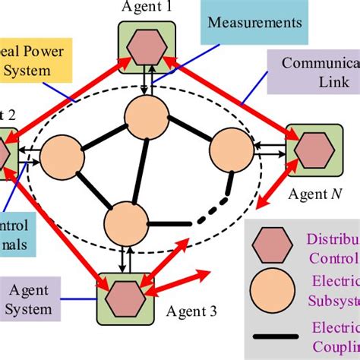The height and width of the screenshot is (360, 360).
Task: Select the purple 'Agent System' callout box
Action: tap(31, 301)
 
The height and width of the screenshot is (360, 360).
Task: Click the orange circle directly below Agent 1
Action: tap(146, 116)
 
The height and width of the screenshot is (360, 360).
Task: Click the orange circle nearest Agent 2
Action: tap(60, 158)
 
